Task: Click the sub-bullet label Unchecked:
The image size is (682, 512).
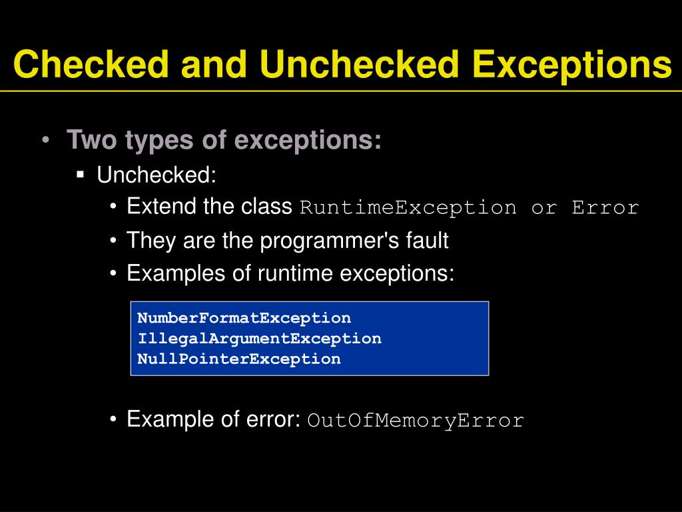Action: click(x=157, y=175)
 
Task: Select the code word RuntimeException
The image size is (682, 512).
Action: click(x=408, y=207)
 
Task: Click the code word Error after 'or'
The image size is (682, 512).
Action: click(x=605, y=207)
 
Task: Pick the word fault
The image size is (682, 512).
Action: click(x=427, y=240)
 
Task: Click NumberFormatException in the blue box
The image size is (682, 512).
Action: click(x=244, y=318)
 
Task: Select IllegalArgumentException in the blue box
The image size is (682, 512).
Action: click(x=259, y=338)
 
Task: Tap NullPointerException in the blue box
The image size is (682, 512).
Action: click(x=238, y=359)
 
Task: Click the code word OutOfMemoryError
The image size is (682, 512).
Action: click(x=416, y=421)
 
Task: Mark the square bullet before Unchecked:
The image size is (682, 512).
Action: click(x=81, y=175)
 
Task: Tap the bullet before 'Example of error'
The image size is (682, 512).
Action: click(x=114, y=420)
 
